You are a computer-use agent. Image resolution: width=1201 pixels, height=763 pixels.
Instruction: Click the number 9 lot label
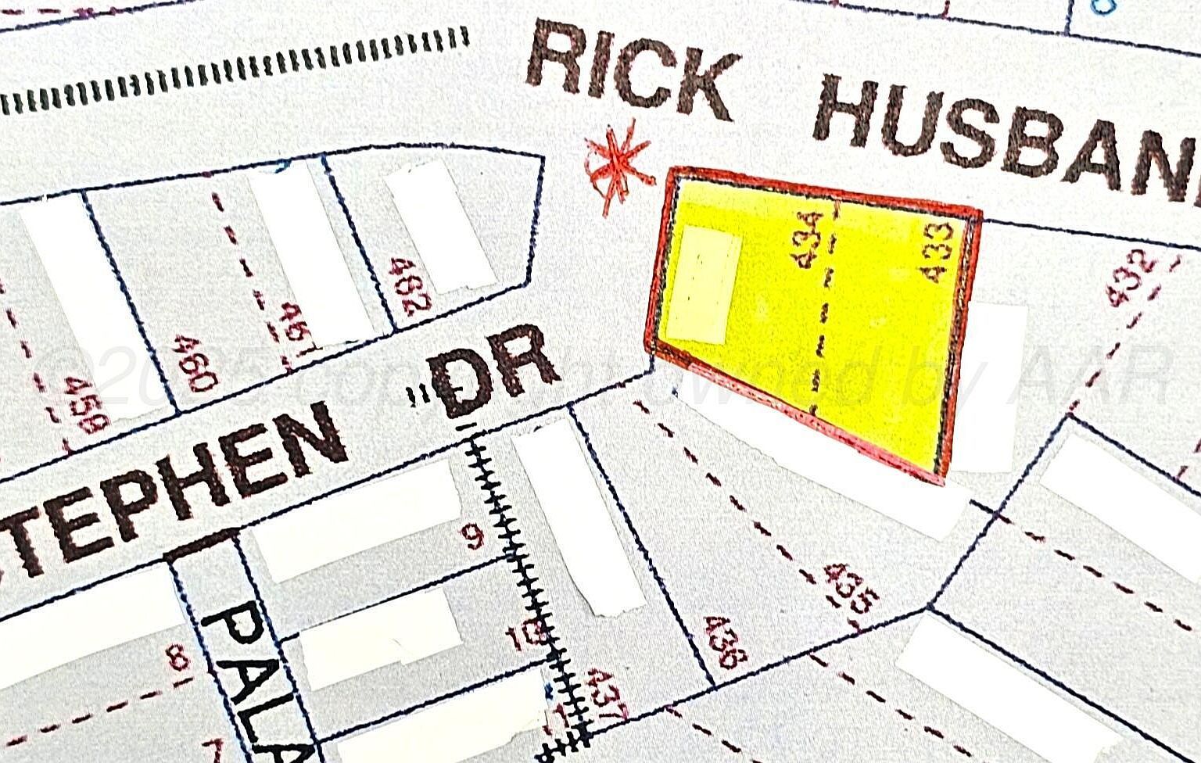click(475, 538)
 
